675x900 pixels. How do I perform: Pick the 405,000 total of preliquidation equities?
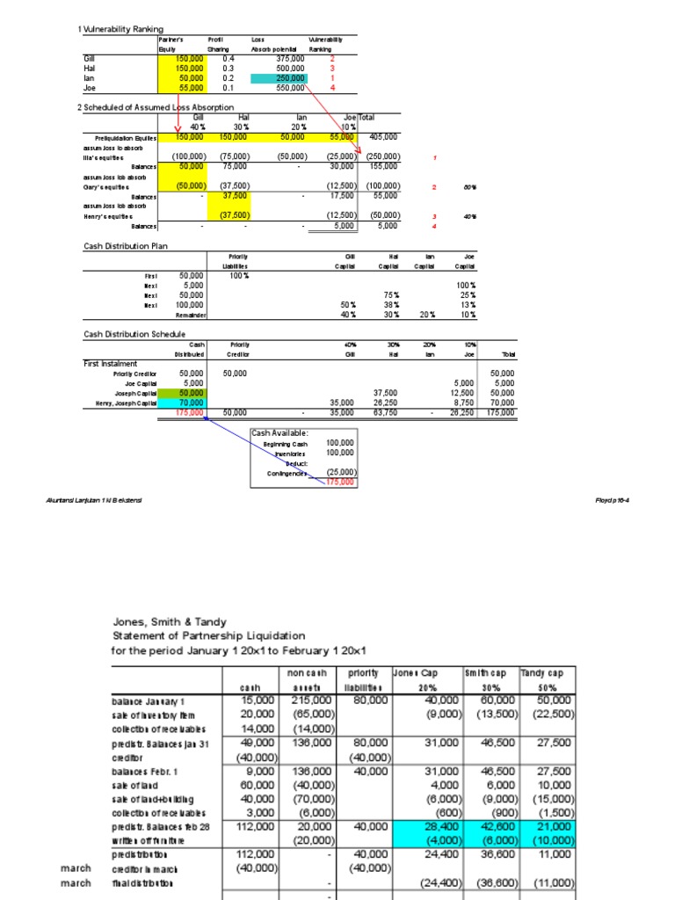coord(383,137)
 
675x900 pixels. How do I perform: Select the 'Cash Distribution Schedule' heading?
coord(134,334)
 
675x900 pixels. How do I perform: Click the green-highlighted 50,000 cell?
coord(190,393)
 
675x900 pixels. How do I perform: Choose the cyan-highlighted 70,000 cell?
coord(190,403)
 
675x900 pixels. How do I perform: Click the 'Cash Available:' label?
coord(279,433)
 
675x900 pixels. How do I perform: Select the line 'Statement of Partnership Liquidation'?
coord(208,635)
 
